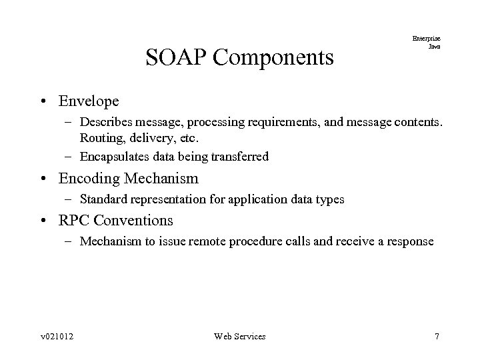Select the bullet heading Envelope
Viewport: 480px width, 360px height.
pos(89,101)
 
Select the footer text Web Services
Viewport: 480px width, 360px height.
pos(239,336)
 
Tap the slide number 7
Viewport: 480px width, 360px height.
pos(437,336)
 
